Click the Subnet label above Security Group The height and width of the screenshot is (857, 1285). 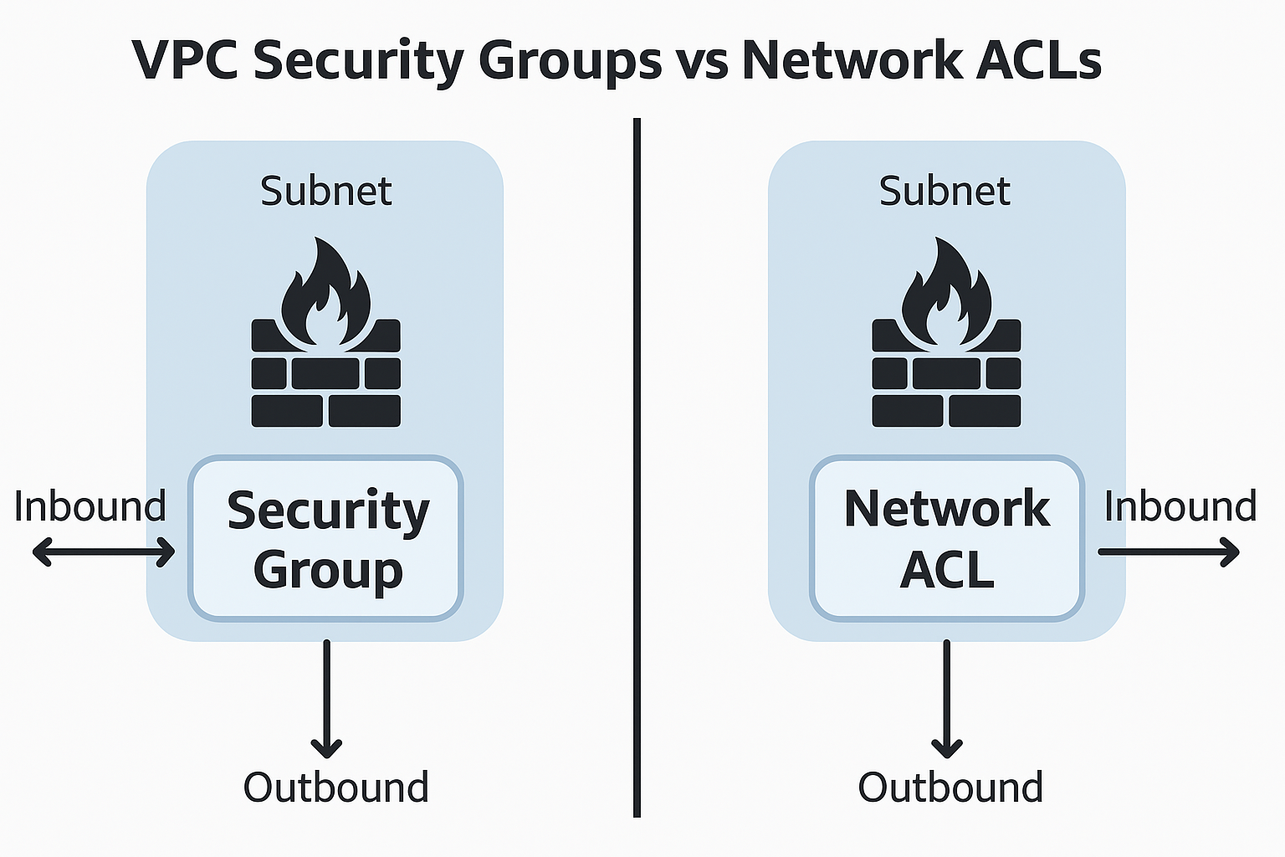[x=325, y=192]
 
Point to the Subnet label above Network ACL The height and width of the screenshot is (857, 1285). [x=945, y=192]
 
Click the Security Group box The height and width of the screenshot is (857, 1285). [x=325, y=538]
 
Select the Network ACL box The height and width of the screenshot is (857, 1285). [x=946, y=538]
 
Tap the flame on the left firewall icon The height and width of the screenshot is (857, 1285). [x=325, y=293]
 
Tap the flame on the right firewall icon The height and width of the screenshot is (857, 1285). [x=946, y=293]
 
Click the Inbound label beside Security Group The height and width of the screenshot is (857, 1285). [x=90, y=507]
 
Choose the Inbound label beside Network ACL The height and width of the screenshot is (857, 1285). [x=1180, y=507]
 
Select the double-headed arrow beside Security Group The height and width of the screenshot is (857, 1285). [x=104, y=552]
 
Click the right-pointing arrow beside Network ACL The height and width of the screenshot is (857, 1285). [x=1169, y=552]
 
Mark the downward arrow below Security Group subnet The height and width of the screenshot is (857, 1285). [x=326, y=699]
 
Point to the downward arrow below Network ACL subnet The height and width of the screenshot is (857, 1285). [x=947, y=699]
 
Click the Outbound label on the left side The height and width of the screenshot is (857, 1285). [x=335, y=788]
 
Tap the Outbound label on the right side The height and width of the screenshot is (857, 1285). [x=950, y=788]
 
